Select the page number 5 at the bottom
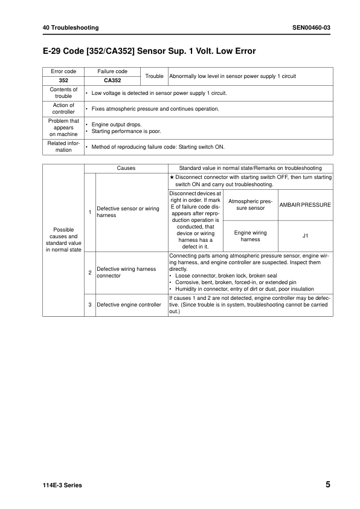pos(327,485)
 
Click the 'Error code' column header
pos(63,71)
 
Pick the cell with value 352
pos(63,80)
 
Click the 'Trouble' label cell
pos(155,76)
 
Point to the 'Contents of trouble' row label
pos(63,92)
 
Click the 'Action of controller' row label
pos(63,108)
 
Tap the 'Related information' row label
pos(63,146)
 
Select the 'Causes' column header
pos(126,168)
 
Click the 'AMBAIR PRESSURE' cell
pos(305,204)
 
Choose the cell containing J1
pos(305,236)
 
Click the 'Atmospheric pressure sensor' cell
pos(250,204)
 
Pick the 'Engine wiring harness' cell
pos(250,236)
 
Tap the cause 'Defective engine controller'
pos(129,305)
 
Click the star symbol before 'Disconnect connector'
pos(172,177)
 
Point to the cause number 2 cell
pos(90,272)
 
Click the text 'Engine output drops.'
pos(117,124)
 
